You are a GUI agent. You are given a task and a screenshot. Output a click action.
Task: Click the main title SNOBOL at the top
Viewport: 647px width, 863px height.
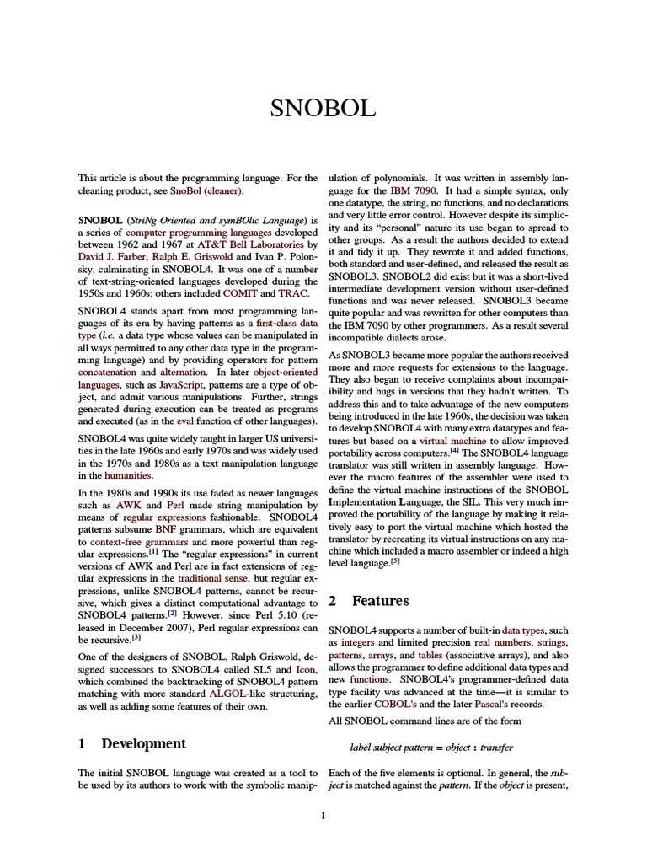pos(323,109)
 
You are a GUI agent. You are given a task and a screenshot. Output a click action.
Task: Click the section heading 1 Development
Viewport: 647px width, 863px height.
pos(131,743)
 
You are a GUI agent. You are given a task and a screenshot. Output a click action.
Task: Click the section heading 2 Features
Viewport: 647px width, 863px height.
pos(368,601)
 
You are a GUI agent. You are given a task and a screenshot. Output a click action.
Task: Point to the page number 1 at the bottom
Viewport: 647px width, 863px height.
pos(323,815)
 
